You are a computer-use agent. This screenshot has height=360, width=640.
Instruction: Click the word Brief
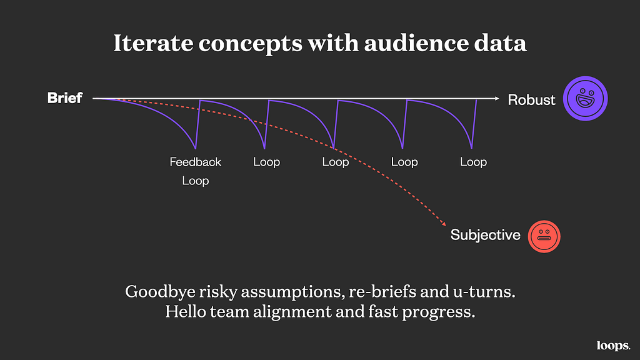tap(65, 98)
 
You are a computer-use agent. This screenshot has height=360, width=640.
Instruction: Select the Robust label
tap(531, 99)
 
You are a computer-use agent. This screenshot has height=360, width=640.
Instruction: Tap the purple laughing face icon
tap(585, 98)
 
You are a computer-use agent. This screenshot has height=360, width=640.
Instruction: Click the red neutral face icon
tap(544, 236)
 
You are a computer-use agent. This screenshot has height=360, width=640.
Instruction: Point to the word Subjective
tap(485, 235)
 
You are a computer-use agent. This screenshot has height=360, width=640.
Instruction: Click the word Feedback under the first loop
tap(196, 162)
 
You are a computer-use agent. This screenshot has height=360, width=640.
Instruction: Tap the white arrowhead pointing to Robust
tap(497, 98)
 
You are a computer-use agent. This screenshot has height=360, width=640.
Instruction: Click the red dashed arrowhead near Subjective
tap(444, 223)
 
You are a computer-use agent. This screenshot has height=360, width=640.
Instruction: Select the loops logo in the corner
tap(613, 346)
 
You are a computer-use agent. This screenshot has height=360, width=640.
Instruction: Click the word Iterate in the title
tap(153, 43)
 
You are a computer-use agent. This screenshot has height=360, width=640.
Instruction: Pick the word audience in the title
tap(416, 43)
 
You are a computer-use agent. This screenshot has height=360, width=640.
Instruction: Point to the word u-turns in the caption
tap(484, 292)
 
